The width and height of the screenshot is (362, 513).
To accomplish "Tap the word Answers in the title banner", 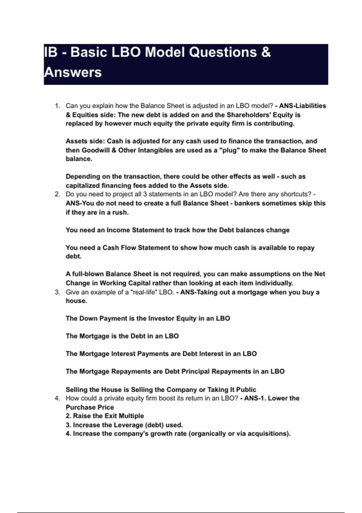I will point(73,72).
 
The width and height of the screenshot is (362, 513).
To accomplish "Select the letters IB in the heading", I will point(51,52).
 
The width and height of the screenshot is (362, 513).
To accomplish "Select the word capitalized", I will point(82,186).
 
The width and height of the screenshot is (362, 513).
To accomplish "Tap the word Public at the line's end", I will point(245,390).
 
